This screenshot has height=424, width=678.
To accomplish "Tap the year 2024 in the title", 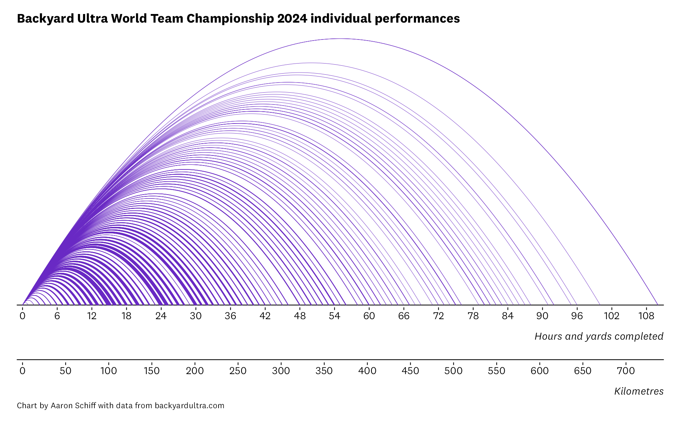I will click(292, 18).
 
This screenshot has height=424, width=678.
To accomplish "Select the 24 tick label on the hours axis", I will click(161, 316).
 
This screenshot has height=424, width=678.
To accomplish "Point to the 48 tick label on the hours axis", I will click(300, 316).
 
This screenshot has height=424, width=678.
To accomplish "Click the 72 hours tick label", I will click(438, 316).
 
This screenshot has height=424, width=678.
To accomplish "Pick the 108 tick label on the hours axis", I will click(646, 316).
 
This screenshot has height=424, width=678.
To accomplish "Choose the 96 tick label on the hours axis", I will click(577, 316).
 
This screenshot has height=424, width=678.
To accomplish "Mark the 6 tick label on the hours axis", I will click(57, 316).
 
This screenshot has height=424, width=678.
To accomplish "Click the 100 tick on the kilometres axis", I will click(109, 371).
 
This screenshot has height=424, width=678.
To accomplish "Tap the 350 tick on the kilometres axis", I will click(324, 371).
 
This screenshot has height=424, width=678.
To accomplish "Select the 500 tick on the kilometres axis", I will click(453, 371).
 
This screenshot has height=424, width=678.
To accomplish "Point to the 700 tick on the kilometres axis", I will click(626, 371).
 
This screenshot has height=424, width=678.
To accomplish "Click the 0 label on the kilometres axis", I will click(23, 371).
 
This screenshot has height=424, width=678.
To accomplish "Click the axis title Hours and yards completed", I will click(599, 336).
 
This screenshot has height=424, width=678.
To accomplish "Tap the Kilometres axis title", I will click(639, 391).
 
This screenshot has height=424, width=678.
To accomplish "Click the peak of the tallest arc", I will click(340, 39).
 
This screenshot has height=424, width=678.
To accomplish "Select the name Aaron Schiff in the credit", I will click(73, 406).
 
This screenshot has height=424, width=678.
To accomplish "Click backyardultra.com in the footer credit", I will click(190, 406).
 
